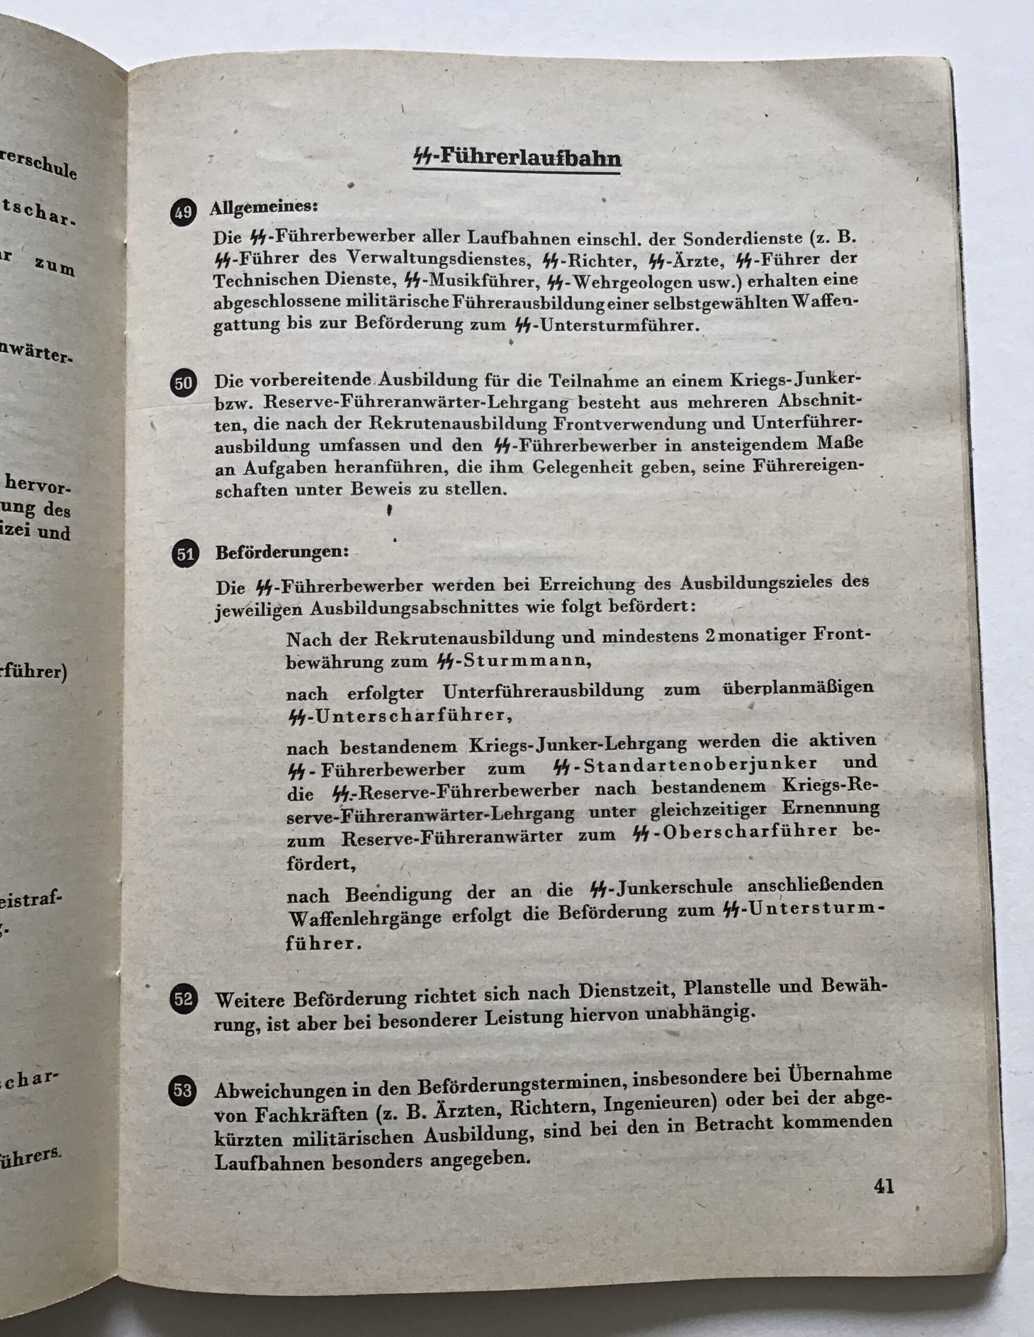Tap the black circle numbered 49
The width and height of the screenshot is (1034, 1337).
coord(182,213)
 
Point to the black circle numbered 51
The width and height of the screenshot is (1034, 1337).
coord(185,555)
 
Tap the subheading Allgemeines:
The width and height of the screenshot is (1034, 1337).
coord(264,207)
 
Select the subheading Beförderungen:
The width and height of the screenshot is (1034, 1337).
coord(281,552)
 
